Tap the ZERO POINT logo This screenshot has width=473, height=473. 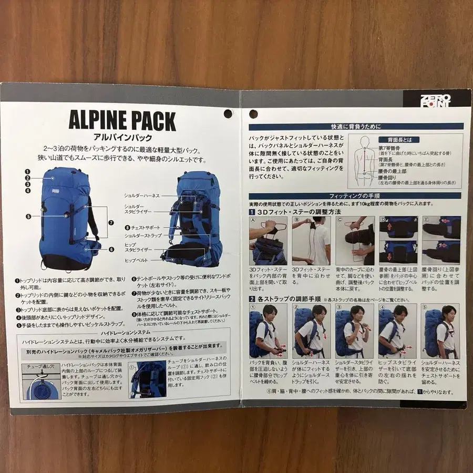[435, 99]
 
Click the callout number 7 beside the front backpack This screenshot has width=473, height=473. [111, 222]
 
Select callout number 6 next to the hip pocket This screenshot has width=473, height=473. [111, 250]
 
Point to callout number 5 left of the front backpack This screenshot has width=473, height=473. [28, 216]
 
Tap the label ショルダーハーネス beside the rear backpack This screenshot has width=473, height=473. [142, 196]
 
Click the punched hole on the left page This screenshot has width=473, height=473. [228, 113]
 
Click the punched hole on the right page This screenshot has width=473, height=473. [254, 113]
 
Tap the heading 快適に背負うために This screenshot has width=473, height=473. [356, 127]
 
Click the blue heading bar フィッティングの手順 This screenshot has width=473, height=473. [356, 196]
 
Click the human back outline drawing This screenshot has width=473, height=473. [365, 160]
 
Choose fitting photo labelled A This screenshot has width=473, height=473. [268, 240]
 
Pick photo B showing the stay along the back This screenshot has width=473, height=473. [311, 240]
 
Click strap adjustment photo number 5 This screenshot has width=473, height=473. [440, 330]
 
